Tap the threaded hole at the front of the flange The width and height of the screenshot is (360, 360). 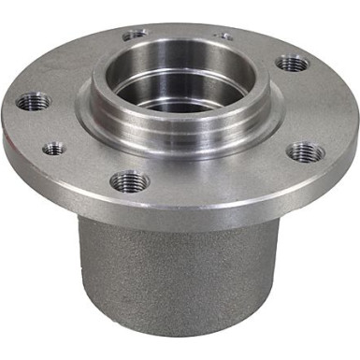(x=128, y=180)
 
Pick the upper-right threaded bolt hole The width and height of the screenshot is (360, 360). (x=294, y=64)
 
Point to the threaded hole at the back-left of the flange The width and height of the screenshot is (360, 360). (x=136, y=35)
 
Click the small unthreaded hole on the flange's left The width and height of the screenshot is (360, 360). (x=54, y=148)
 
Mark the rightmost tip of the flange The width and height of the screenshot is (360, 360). (x=357, y=122)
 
